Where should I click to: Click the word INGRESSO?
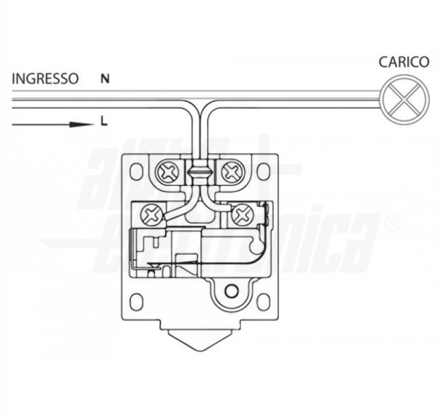coord(45,79)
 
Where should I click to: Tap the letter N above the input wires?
coord(105,79)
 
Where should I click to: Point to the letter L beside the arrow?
coord(104,121)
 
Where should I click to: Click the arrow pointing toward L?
coord(53,124)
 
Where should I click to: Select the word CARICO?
coord(404,62)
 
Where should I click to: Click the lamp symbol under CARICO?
coord(405,99)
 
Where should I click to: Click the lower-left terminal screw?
coord(151,215)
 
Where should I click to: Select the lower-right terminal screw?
coord(242,214)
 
